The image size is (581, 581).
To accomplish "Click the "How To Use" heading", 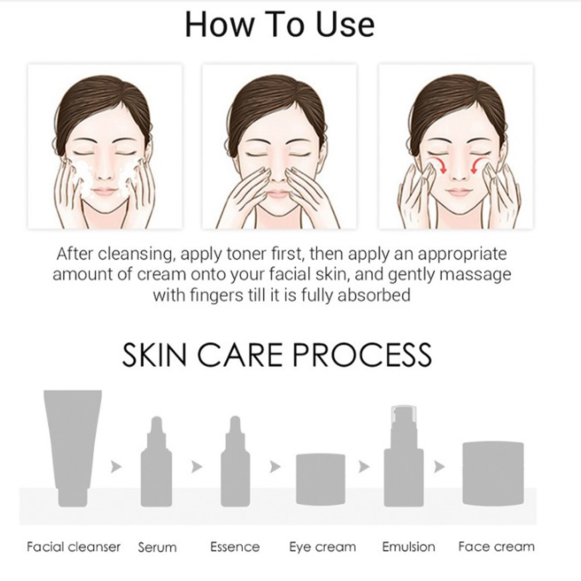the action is pyautogui.click(x=280, y=25).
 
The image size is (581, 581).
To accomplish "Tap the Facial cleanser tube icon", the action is pyautogui.click(x=73, y=448).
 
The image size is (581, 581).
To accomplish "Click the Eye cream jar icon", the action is pyautogui.click(x=321, y=479).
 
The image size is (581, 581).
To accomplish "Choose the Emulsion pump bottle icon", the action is pyautogui.click(x=404, y=456).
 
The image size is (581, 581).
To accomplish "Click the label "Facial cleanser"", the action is pyautogui.click(x=73, y=547).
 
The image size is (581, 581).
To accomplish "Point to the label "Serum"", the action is pyautogui.click(x=157, y=547).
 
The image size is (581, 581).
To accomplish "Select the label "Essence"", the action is pyautogui.click(x=235, y=547).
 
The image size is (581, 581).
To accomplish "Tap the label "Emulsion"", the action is pyautogui.click(x=409, y=547).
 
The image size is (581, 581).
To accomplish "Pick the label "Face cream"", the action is pyautogui.click(x=496, y=547).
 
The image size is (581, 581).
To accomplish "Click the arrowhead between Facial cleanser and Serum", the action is pyautogui.click(x=116, y=466).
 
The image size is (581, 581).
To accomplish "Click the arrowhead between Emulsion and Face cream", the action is pyautogui.click(x=439, y=466).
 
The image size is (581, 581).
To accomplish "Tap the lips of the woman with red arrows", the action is pyautogui.click(x=459, y=192).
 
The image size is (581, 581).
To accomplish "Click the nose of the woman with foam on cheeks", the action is pyautogui.click(x=105, y=171).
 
